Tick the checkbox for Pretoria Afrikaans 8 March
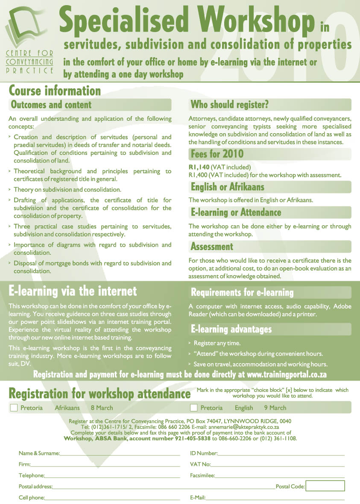[14, 408]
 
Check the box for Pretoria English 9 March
[194, 408]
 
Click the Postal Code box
[325, 486]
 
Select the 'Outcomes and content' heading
[51, 105]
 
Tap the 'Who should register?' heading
[229, 105]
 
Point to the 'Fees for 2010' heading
[217, 154]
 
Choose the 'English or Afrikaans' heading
[227, 187]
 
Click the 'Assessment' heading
[212, 246]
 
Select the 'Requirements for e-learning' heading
[242, 292]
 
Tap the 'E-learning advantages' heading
[231, 329]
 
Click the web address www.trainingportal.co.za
[287, 375]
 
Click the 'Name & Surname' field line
[120, 455]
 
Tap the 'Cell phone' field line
[112, 499]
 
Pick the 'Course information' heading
[55, 91]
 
